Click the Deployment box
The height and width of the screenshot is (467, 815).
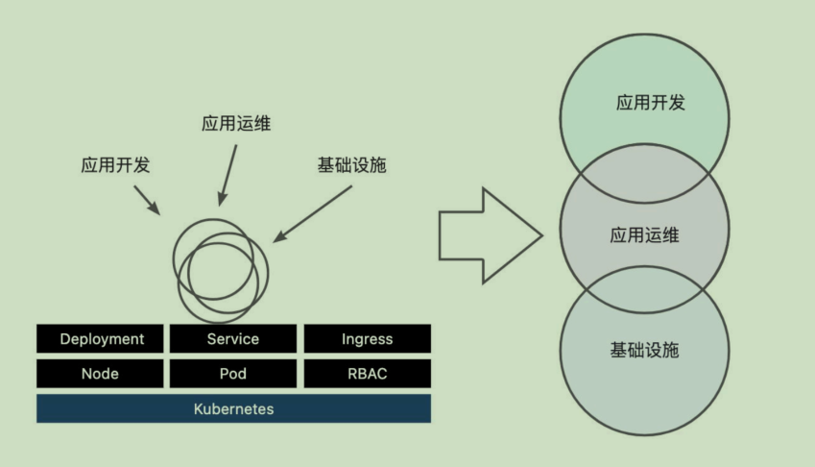pos(102,338)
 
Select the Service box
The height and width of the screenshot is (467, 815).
pos(233,338)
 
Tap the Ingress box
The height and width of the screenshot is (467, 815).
pos(367,338)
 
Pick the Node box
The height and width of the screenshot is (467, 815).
pos(102,374)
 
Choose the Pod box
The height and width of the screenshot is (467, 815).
pos(233,374)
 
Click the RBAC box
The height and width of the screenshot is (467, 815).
pos(367,374)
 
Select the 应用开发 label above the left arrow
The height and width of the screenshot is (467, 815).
pos(115,164)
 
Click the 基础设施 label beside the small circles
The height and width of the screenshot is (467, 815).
pos(351,164)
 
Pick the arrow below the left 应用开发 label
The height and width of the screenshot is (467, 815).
pos(146,199)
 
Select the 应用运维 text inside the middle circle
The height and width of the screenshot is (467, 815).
pos(644,234)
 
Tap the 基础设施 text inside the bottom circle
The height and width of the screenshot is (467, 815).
pos(644,350)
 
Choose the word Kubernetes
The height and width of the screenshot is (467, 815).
pos(233,408)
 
